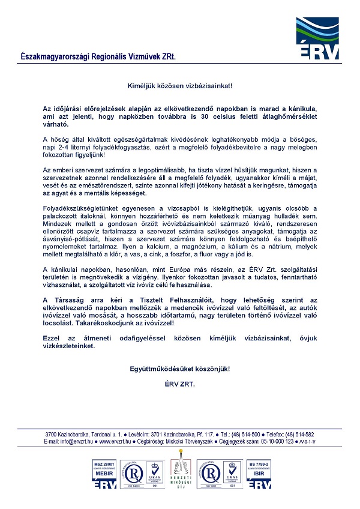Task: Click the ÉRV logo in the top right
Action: click(318, 38)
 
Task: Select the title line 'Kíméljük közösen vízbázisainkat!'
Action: click(179, 86)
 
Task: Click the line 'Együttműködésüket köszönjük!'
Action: click(179, 368)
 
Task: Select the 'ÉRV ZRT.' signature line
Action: click(179, 382)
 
